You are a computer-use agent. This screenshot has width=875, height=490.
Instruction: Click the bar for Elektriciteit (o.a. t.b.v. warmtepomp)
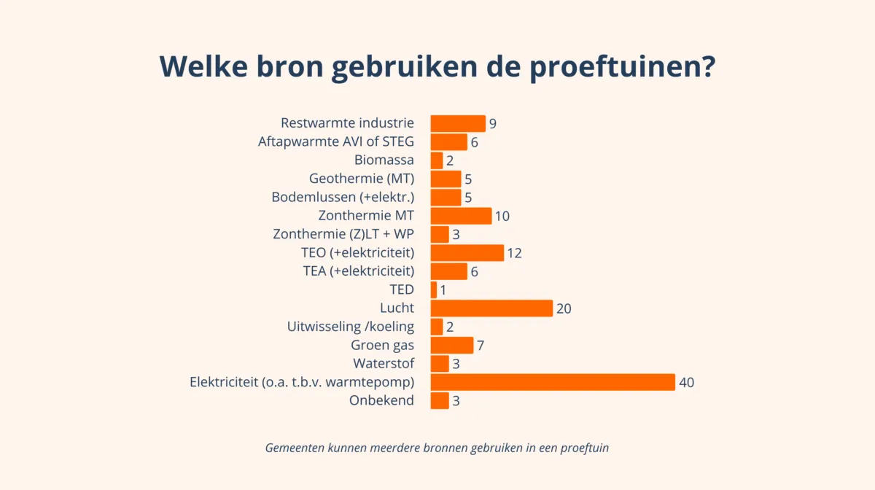point(553,382)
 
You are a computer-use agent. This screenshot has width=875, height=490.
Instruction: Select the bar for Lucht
point(491,308)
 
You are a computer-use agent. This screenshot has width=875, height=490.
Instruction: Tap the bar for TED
point(434,289)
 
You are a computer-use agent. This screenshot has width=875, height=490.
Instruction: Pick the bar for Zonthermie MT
point(461,216)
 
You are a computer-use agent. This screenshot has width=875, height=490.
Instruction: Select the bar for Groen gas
point(452,345)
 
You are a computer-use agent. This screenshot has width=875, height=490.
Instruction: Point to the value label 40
point(685,382)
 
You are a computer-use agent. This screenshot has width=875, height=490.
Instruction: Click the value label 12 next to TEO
point(514,253)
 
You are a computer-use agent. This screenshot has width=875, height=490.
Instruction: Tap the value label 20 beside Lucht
point(563,308)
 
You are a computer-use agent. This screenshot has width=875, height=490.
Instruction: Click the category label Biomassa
point(384,160)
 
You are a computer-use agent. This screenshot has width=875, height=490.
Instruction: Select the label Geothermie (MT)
point(362,179)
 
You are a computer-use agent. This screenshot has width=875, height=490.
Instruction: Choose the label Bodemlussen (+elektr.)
point(343,198)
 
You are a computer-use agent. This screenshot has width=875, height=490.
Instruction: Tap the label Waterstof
point(384,363)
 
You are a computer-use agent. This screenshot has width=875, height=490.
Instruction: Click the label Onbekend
point(381,400)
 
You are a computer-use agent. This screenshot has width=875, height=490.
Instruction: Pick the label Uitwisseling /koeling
point(351,327)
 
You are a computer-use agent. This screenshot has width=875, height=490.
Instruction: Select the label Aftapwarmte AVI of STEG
point(336,142)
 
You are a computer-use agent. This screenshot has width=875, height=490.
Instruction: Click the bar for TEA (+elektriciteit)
point(448,271)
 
